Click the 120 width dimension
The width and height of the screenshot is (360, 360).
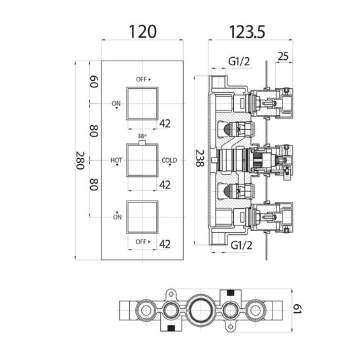(143, 32)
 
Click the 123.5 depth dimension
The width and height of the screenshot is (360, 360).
(247, 32)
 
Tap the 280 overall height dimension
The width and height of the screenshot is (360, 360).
(80, 160)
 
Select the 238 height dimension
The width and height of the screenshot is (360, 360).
(200, 158)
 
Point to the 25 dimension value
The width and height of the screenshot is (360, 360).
(283, 57)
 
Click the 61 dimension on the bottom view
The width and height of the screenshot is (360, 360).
(297, 309)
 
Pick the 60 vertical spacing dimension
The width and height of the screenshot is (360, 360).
(94, 81)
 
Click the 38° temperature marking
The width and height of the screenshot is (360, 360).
(142, 136)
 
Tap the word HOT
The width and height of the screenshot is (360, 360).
(116, 160)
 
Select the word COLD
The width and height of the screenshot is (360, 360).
(170, 160)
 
